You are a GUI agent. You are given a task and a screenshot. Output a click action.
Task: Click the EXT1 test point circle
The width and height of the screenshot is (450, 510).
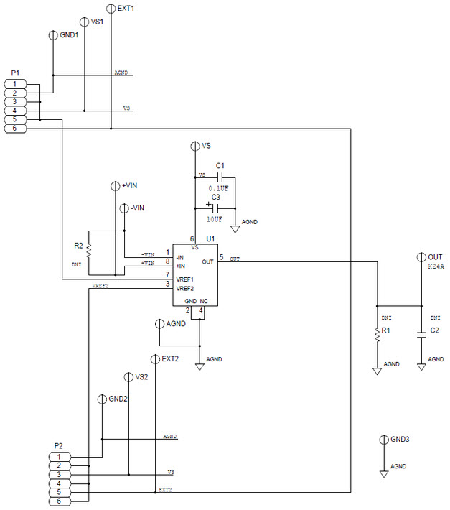(111, 9)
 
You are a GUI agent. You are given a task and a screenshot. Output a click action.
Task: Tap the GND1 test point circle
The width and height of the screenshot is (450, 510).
(52, 34)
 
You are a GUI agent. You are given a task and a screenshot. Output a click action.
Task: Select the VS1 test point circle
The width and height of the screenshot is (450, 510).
(85, 22)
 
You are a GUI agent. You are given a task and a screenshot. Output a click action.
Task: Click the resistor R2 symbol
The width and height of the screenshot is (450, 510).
(88, 251)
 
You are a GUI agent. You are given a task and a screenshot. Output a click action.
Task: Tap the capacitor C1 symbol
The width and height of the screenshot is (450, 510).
(220, 177)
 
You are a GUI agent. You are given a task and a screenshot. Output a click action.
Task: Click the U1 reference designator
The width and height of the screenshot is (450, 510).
(211, 238)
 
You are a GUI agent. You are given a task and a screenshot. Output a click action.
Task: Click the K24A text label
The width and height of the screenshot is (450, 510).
(436, 267)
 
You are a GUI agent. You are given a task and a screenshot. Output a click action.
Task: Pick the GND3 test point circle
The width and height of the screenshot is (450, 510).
(384, 439)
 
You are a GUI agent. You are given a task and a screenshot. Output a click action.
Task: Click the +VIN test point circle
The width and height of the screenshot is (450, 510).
(116, 185)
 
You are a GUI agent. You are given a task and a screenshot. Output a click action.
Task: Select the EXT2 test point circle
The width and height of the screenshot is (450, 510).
(155, 358)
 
